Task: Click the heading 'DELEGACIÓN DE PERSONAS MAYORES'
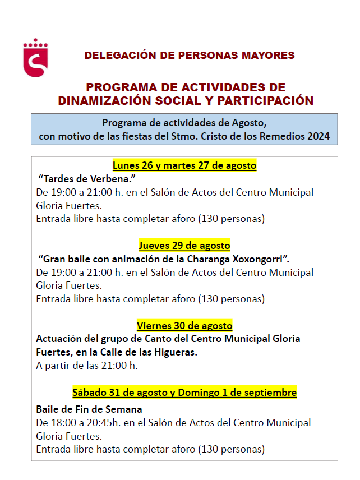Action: pos(189,56)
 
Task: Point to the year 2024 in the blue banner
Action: pos(318,136)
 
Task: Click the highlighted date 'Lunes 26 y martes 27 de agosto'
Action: pos(184,165)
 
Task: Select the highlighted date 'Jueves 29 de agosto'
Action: pos(184,246)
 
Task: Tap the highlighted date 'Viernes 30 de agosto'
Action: pos(184,326)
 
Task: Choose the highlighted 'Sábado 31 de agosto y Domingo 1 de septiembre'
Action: pos(184,393)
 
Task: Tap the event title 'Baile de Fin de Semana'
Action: pos(89,409)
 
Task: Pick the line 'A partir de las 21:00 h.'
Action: pos(86,366)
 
